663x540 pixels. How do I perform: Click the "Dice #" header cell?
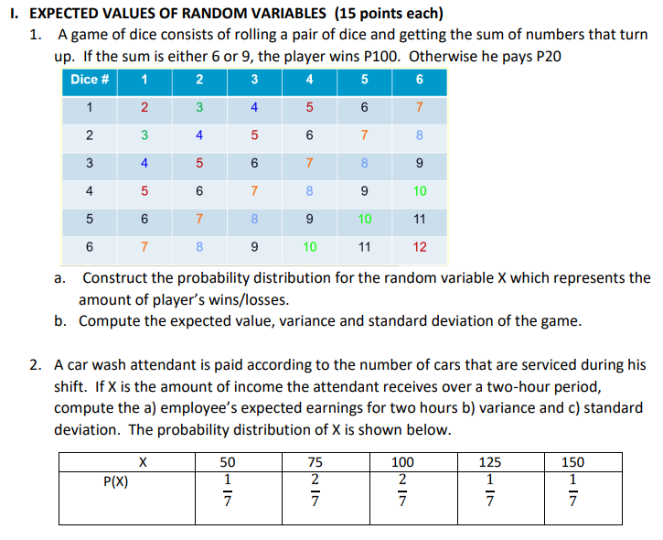click(91, 79)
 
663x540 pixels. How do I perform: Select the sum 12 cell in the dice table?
click(419, 247)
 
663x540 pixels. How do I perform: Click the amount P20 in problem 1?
click(544, 55)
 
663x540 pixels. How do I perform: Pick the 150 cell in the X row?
click(572, 462)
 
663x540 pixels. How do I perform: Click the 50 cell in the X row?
click(228, 462)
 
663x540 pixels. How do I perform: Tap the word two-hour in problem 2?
click(530, 385)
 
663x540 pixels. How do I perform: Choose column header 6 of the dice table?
click(419, 79)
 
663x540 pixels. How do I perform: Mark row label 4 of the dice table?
click(89, 192)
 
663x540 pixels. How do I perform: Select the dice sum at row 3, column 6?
click(419, 165)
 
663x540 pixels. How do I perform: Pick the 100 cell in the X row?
click(402, 462)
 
